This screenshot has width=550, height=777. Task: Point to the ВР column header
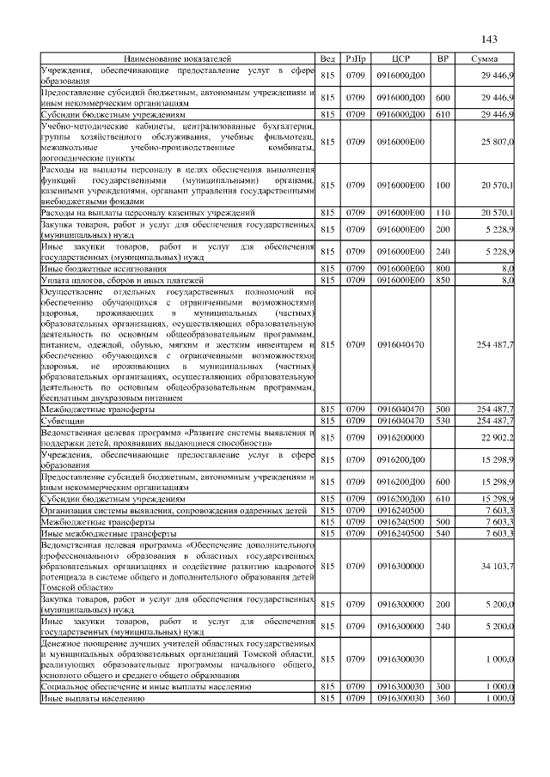[443, 58]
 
